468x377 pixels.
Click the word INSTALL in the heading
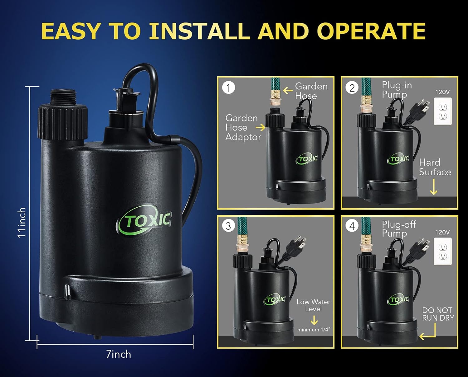[199, 31]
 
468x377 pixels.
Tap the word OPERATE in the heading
[371, 31]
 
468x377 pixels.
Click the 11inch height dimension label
[22, 223]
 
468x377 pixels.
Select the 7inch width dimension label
[119, 354]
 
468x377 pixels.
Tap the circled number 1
[228, 88]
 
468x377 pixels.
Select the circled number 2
[352, 88]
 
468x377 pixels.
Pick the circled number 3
[228, 226]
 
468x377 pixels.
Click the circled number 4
[352, 226]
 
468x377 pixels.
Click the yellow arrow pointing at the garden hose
[288, 90]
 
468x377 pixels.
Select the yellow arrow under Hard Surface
[433, 187]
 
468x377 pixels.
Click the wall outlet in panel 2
[443, 111]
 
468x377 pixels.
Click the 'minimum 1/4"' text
[314, 330]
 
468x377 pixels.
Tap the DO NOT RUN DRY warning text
[438, 314]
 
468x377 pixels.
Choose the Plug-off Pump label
[398, 229]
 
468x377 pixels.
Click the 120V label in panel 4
[442, 232]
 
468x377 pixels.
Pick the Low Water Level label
[314, 305]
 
